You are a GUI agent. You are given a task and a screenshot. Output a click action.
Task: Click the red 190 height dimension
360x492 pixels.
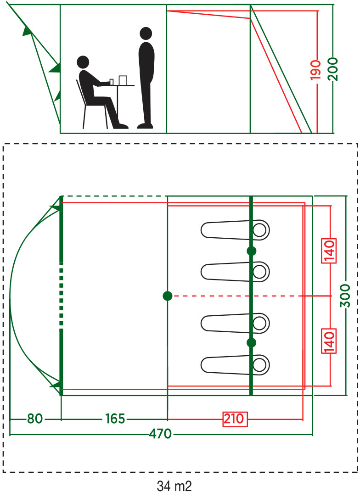(x=315, y=69)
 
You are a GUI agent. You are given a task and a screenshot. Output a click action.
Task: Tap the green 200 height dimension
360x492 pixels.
(x=333, y=69)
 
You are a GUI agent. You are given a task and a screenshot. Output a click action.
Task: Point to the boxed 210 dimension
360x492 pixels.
(x=235, y=419)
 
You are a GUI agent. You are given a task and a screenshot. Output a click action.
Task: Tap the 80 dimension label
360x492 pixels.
(x=34, y=419)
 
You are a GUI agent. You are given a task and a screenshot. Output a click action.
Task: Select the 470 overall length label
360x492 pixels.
(x=160, y=434)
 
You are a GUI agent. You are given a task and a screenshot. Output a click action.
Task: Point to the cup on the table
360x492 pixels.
(x=123, y=80)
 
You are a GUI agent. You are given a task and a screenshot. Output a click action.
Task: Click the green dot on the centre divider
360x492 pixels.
(x=167, y=296)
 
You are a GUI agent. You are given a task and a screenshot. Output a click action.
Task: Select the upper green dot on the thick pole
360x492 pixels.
(x=251, y=251)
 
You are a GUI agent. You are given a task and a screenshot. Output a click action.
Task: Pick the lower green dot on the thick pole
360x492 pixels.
(x=251, y=342)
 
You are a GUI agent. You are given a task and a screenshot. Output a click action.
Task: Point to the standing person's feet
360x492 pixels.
(x=145, y=125)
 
